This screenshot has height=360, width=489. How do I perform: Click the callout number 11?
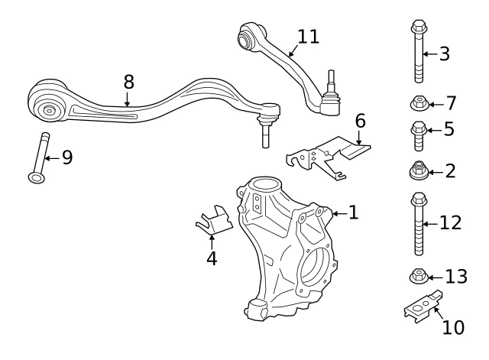click(x=308, y=37)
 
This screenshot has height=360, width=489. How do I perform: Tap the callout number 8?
click(x=128, y=82)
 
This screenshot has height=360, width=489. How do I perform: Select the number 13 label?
click(x=456, y=277)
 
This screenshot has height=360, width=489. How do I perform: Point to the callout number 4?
click(x=212, y=258)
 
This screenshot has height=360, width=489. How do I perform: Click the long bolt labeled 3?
click(x=419, y=51)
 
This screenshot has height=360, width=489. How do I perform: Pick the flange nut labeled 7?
click(x=419, y=104)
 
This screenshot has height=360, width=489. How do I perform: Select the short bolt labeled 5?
click(x=419, y=136)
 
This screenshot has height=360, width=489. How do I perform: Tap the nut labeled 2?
click(x=419, y=170)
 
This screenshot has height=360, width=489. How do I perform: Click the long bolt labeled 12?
click(x=419, y=224)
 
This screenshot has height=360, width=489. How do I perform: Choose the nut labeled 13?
click(x=419, y=276)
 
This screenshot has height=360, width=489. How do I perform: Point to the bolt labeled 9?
click(x=39, y=158)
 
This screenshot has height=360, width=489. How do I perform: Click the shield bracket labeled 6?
click(x=328, y=156)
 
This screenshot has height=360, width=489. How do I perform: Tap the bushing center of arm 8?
click(x=49, y=110)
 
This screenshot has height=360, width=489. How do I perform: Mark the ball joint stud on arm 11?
click(x=331, y=79)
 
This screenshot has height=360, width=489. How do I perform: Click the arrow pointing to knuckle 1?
click(x=340, y=214)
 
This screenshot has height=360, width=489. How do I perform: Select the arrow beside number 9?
click(x=52, y=158)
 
